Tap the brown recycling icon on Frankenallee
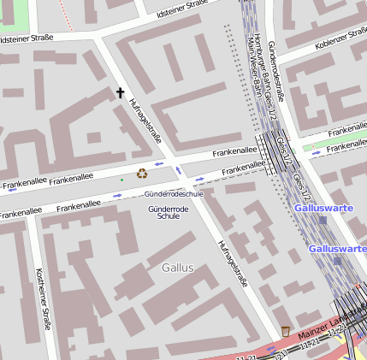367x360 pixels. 142,173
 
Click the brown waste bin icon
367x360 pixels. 285,330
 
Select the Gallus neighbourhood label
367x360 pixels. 178,268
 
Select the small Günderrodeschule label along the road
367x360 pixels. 174,194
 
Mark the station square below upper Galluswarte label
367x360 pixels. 323,220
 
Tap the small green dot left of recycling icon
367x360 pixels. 121,180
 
